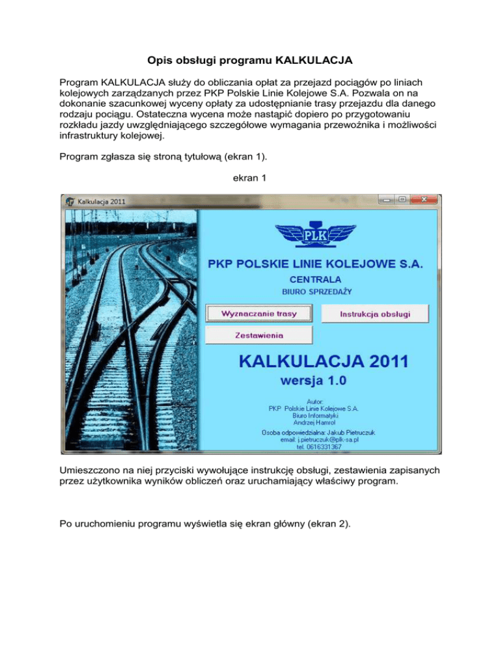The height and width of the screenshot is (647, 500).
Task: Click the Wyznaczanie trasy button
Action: point(259,313)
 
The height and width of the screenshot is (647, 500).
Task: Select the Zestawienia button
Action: point(259,335)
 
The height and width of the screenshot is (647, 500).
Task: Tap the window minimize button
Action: point(388,200)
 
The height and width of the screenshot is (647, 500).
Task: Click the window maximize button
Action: point(403,200)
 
